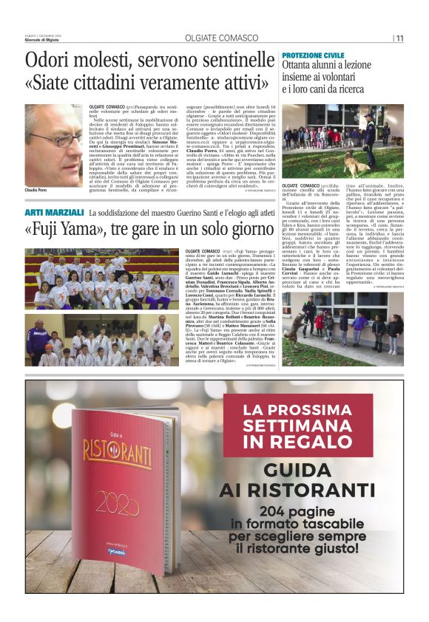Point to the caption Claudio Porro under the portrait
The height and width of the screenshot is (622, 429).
tap(38, 191)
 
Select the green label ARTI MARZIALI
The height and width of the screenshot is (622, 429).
tap(53, 213)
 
